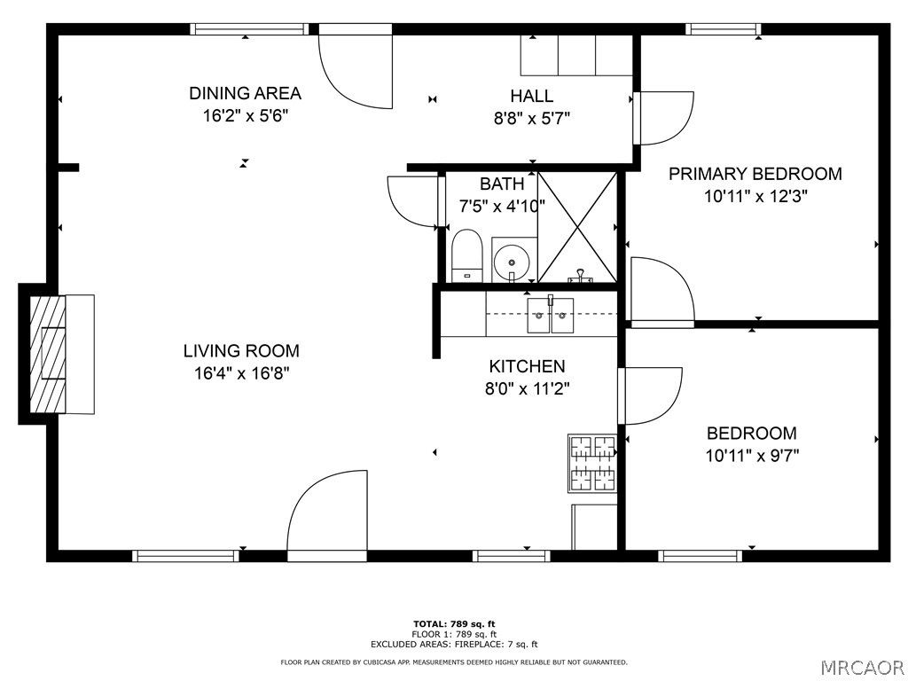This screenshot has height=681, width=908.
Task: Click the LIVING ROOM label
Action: click(241, 350)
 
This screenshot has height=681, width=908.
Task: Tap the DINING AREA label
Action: click(245, 93)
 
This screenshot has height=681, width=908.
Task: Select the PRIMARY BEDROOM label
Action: click(755, 174)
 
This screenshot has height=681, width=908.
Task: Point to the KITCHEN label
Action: click(527, 366)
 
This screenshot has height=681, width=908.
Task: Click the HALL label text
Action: click(531, 96)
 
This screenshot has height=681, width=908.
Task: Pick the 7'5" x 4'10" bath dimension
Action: click(501, 206)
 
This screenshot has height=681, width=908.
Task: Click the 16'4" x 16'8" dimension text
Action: click(241, 373)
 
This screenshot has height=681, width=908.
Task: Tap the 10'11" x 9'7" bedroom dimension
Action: click(752, 456)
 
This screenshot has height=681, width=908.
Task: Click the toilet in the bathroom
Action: click(466, 254)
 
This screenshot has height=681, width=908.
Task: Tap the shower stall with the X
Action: click(577, 227)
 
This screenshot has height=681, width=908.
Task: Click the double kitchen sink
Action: click(551, 315)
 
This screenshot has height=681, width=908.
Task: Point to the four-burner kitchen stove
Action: click(591, 463)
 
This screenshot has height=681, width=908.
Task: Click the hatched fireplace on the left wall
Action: click(49, 352)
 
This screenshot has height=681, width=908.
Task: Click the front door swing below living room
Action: click(327, 514)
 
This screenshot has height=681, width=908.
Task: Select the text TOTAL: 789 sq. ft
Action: click(453, 624)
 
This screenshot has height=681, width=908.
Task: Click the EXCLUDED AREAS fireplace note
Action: click(453, 645)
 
